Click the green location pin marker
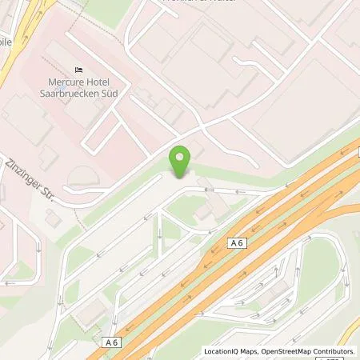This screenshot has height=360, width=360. (x=182, y=162)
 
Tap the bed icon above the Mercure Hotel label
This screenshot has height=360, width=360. (x=78, y=69)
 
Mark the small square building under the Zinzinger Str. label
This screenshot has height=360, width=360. (x=53, y=218)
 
